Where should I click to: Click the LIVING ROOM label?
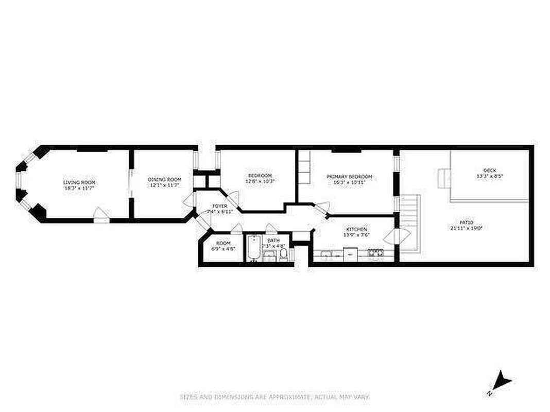79,182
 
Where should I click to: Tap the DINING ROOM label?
163,179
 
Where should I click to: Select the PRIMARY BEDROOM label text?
349,177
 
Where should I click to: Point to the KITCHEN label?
356,229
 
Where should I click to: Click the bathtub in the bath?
253,248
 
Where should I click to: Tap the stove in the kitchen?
374,252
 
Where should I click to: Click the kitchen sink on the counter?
326,253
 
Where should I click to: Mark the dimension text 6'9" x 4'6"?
223,249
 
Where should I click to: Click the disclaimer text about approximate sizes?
274,397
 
